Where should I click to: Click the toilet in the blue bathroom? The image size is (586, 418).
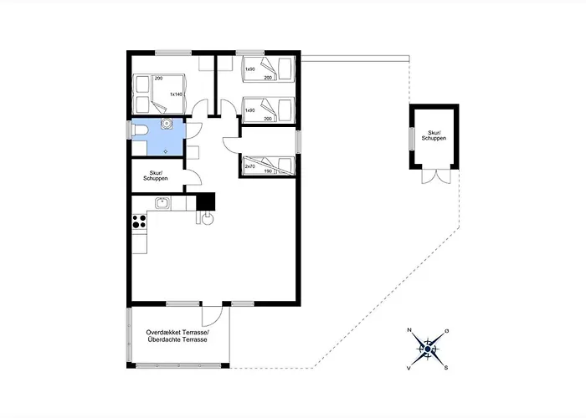click(x=140, y=130)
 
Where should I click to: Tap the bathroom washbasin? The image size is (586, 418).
click(x=167, y=124)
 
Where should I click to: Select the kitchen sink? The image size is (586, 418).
click(x=162, y=203)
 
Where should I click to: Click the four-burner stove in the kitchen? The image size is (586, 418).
click(x=140, y=222)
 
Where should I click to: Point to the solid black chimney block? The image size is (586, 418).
click(x=206, y=201)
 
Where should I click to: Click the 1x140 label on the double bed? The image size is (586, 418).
click(x=176, y=94)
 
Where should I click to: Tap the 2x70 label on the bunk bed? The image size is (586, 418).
click(x=250, y=166)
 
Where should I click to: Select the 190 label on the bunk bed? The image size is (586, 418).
click(x=268, y=171)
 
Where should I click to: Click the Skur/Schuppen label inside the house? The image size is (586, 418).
click(x=156, y=176)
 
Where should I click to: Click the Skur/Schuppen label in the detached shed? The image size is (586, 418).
click(x=434, y=135)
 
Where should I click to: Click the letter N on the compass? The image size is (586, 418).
click(x=409, y=330)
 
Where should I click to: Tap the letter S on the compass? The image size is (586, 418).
click(x=446, y=368)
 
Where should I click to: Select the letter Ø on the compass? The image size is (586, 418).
click(x=446, y=331)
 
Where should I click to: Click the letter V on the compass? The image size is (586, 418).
click(x=409, y=369)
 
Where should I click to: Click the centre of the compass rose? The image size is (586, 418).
click(x=428, y=349)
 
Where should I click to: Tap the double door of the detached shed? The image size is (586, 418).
click(x=436, y=176)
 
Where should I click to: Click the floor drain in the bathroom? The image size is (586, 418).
click(x=166, y=151)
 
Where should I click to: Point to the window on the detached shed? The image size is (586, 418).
click(x=412, y=139)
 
